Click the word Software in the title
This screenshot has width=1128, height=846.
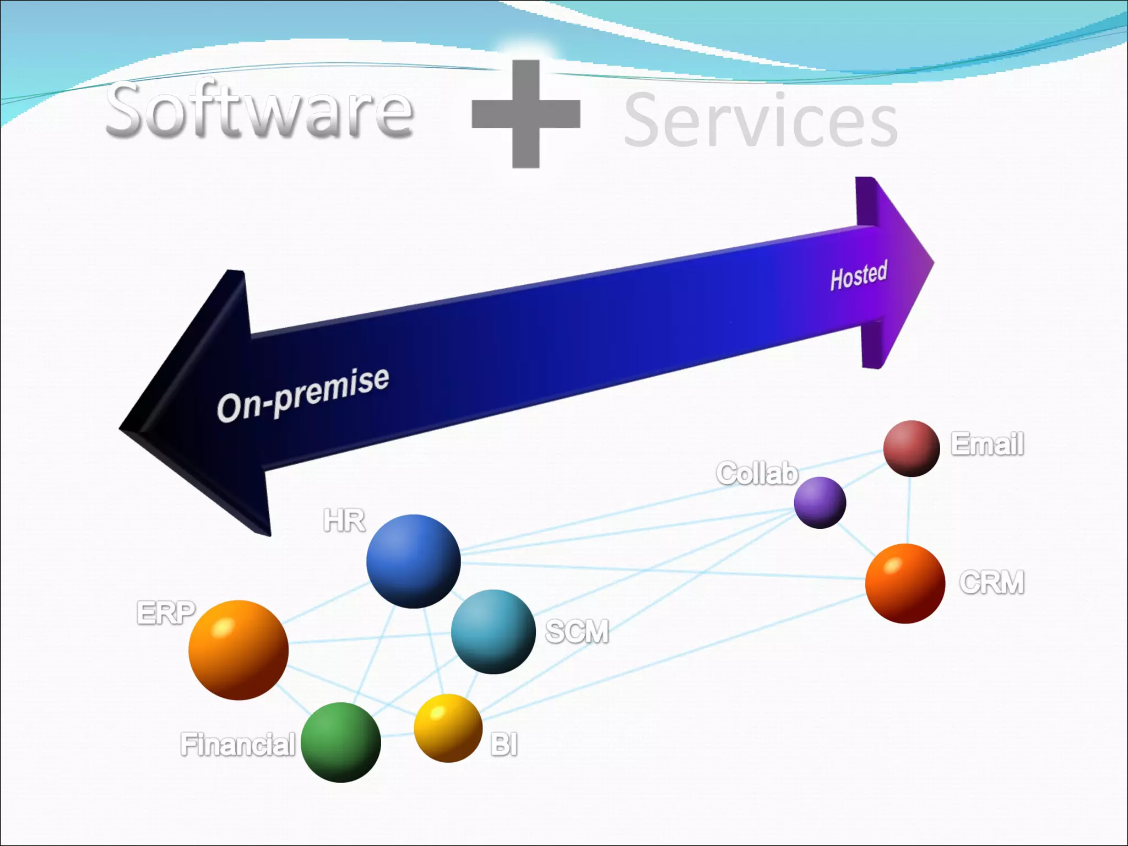[x=259, y=110]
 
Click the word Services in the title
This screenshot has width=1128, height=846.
[x=760, y=121]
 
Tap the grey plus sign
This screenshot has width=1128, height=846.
[x=526, y=113]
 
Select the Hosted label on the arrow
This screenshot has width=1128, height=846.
[x=859, y=275]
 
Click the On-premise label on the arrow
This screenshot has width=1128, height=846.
[x=303, y=394]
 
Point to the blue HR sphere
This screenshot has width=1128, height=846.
[x=413, y=561]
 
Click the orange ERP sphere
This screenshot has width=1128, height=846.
[x=238, y=650]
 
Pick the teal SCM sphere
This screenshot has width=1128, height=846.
[x=493, y=632]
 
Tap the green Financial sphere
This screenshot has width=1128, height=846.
[x=341, y=742]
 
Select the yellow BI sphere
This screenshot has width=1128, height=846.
[x=448, y=728]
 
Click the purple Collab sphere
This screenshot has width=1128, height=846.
[x=820, y=502]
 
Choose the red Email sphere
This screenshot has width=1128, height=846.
[x=911, y=448]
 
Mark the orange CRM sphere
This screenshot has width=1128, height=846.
[x=905, y=583]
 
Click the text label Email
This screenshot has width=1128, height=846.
[x=988, y=444]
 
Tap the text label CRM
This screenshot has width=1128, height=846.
[x=991, y=583]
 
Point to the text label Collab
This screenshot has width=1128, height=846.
[x=757, y=474]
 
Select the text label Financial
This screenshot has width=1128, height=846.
[x=238, y=745]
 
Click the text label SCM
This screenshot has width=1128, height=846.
[x=577, y=631]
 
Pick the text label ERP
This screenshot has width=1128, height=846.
[x=166, y=612]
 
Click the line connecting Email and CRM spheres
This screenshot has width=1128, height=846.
[x=909, y=510]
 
